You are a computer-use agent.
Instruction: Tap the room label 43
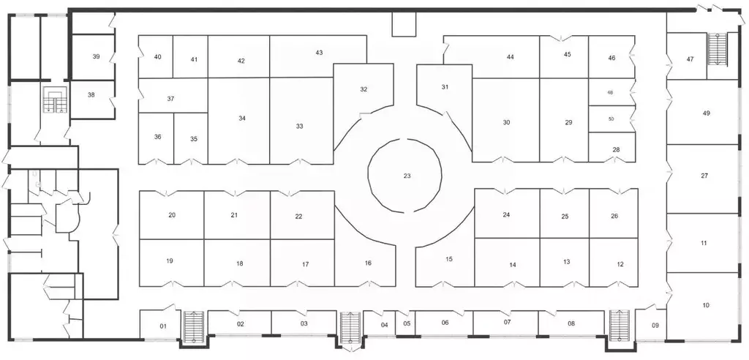319,53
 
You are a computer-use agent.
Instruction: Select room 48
611,92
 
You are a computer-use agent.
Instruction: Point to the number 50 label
611,119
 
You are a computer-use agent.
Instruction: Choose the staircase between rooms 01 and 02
194,328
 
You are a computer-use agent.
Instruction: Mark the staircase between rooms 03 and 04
350,328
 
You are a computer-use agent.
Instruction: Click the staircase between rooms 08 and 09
620,326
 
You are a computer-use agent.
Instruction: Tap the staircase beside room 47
717,49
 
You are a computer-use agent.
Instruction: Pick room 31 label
445,87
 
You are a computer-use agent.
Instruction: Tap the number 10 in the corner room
706,305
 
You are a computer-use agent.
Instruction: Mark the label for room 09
655,326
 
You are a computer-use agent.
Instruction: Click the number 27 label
704,176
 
